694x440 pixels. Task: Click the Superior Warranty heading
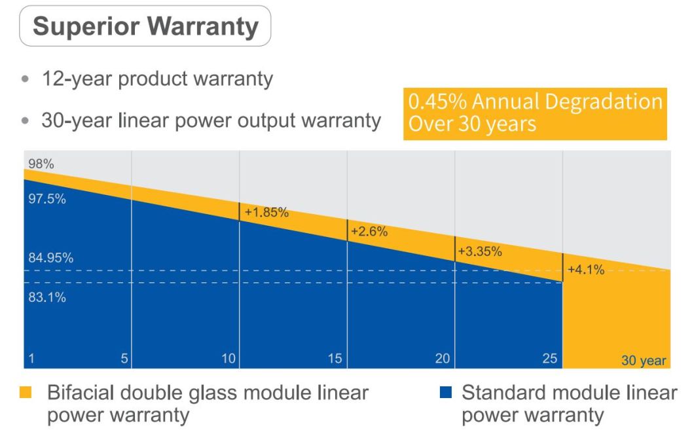click(x=145, y=26)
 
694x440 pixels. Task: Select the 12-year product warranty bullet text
click(x=157, y=79)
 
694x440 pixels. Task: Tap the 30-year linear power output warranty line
click(x=211, y=120)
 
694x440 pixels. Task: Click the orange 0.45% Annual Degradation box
click(x=535, y=113)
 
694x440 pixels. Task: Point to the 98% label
click(x=41, y=164)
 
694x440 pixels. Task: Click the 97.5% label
click(x=46, y=199)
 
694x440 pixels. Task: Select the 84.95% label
click(x=50, y=257)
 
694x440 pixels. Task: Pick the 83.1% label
click(x=46, y=297)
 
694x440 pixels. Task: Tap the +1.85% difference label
click(x=266, y=212)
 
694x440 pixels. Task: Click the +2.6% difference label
click(x=370, y=232)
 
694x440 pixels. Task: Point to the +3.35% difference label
click(x=480, y=251)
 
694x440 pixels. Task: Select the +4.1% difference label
click(x=586, y=270)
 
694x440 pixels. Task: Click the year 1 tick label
click(x=31, y=358)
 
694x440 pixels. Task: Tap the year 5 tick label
click(x=124, y=358)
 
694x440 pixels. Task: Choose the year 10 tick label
click(x=228, y=358)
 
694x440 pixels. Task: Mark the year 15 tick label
click(x=336, y=358)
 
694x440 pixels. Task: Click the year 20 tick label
click(x=443, y=358)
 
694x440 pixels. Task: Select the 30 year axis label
click(x=644, y=360)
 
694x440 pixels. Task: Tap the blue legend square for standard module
click(x=447, y=393)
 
